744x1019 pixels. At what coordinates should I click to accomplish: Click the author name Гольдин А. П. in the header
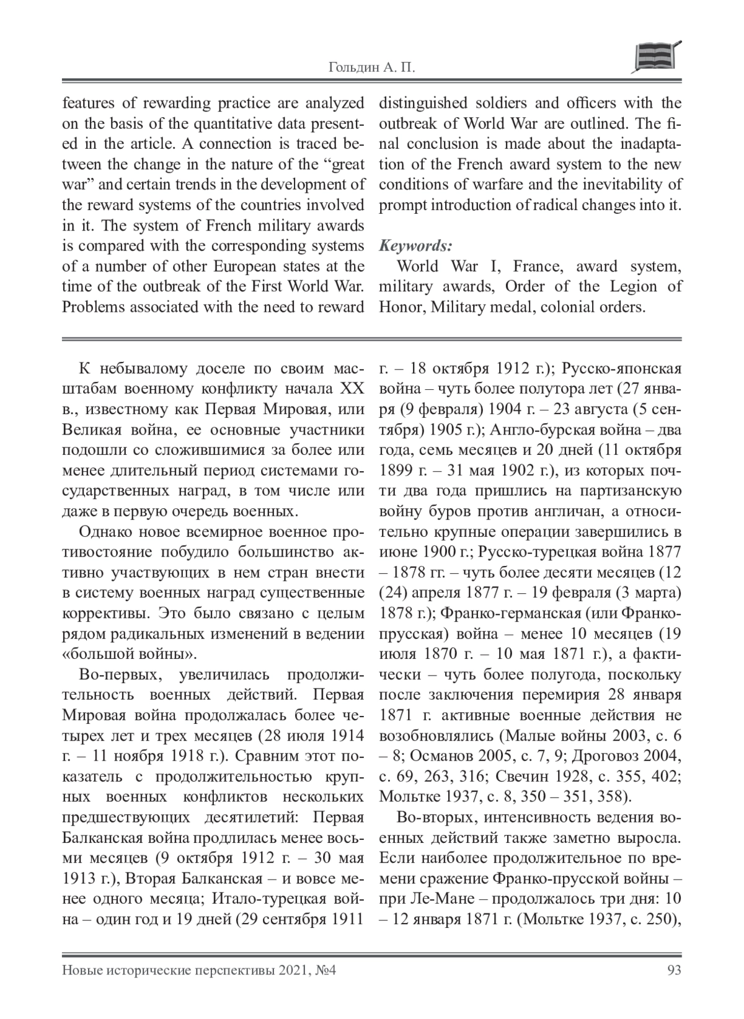[371, 68]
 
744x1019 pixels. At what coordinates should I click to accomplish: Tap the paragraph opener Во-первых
[118, 675]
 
